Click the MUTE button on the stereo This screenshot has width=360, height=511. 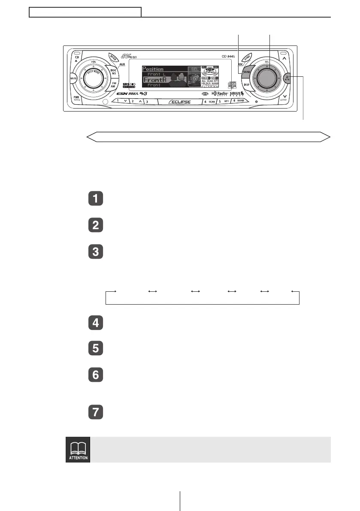[x=73, y=79]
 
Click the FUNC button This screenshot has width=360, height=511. [x=248, y=59]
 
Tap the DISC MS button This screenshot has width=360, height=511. [x=114, y=72]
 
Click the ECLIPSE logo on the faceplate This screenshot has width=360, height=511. [x=179, y=102]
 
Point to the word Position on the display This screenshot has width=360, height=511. [x=153, y=69]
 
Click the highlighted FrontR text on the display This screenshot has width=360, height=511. [x=154, y=80]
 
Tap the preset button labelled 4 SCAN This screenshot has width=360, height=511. [x=209, y=102]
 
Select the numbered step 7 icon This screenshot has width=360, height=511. [x=95, y=412]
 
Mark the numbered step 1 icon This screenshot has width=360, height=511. [x=95, y=200]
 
